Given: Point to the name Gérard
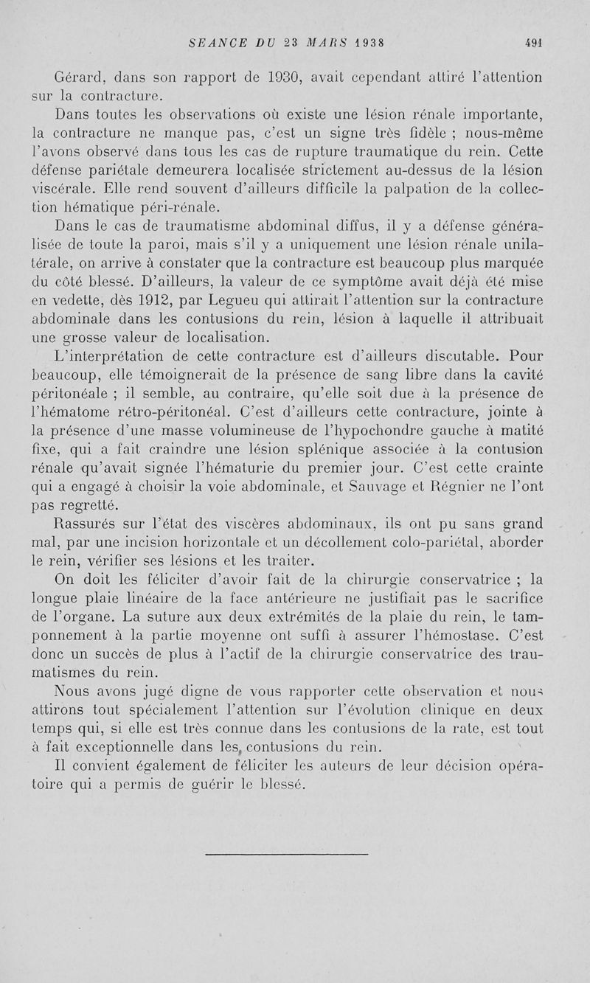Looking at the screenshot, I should (x=79, y=77).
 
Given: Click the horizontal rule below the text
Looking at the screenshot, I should (x=287, y=855).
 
